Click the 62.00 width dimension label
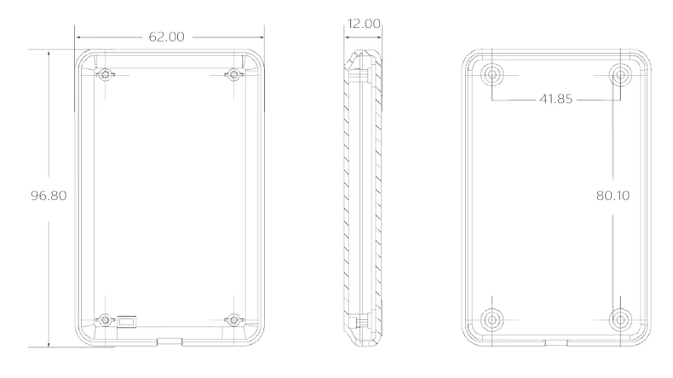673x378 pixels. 166,37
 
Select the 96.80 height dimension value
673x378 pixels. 49,196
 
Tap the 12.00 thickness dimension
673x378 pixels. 364,24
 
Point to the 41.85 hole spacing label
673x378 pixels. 555,99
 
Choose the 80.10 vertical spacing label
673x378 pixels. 613,196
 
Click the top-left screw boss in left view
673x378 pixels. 105,75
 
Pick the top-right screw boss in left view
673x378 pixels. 233,75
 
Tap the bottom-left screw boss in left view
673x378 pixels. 105,319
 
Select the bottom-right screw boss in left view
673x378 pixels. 233,319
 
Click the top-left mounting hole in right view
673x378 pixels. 492,75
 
